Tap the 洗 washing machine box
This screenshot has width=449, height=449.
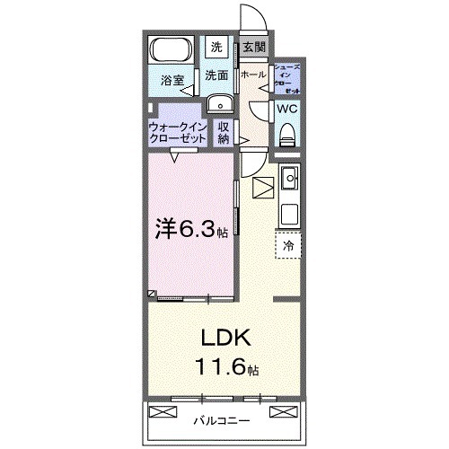216,47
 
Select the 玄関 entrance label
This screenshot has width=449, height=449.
252,48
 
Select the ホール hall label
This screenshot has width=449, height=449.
253,75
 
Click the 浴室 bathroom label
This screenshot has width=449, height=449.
172,81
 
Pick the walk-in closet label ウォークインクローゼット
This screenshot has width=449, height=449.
178,133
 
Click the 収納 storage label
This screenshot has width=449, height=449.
224,133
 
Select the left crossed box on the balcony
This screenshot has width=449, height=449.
163,413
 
